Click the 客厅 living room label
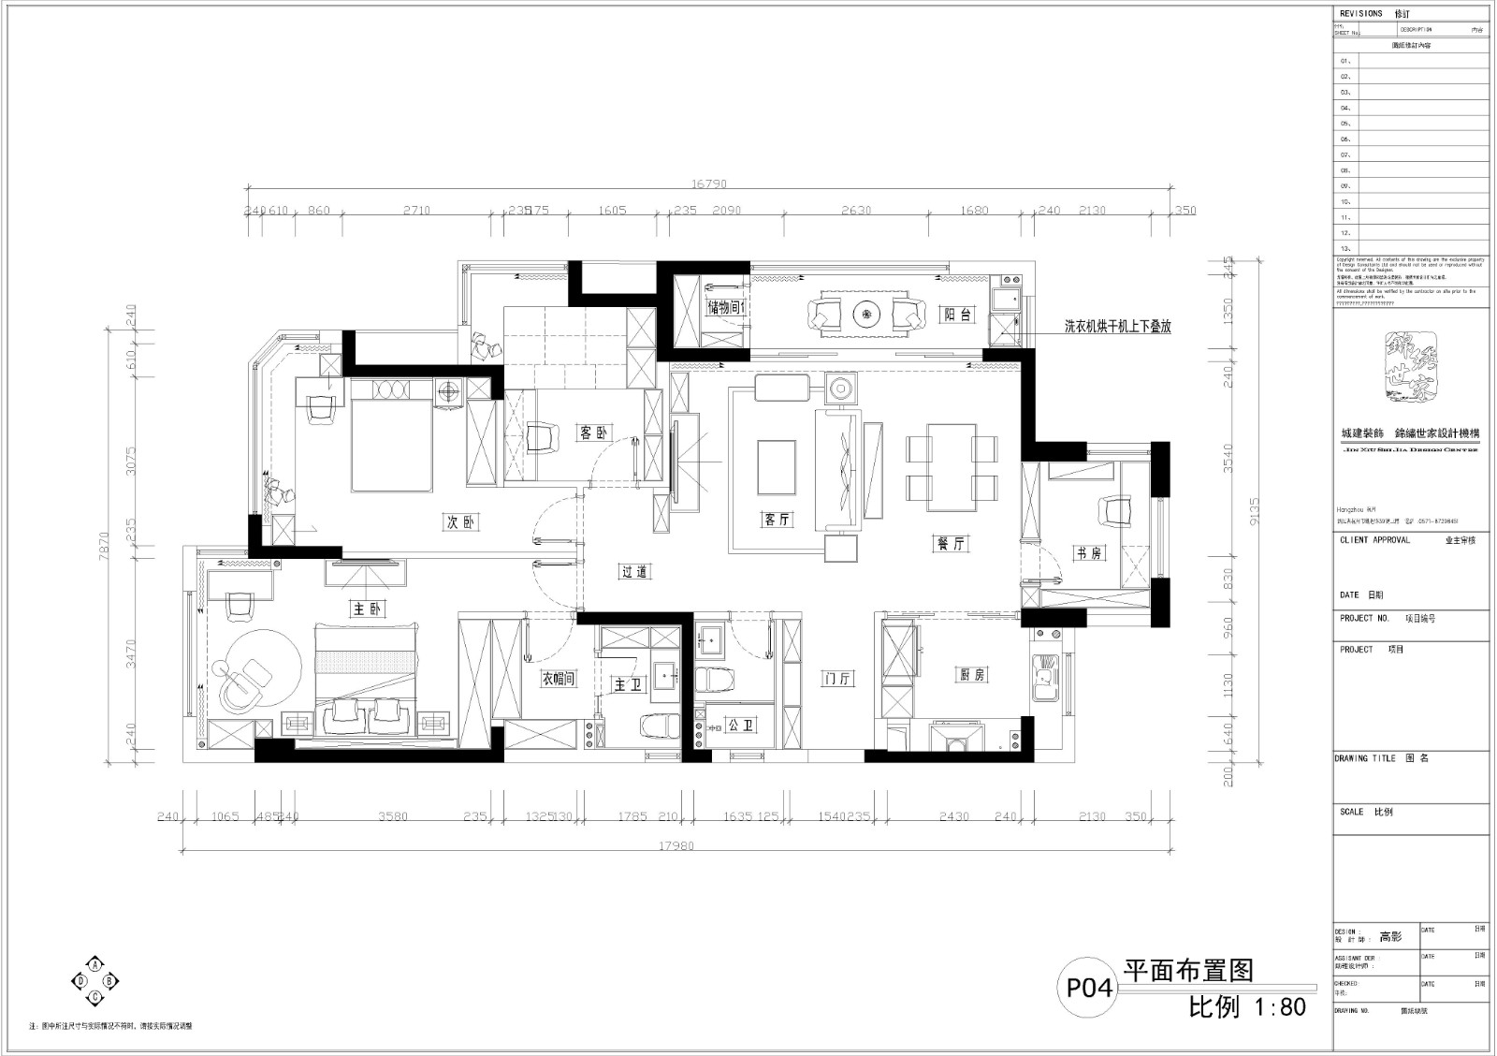778,520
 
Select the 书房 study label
1088,553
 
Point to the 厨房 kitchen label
972,675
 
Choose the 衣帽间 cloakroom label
558,679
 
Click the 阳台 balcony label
956,315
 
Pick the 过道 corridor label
634,571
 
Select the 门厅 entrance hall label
837,679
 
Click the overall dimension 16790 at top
708,184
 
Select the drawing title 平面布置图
1187,971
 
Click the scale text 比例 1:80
1246,1007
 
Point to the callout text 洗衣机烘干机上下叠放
1117,327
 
